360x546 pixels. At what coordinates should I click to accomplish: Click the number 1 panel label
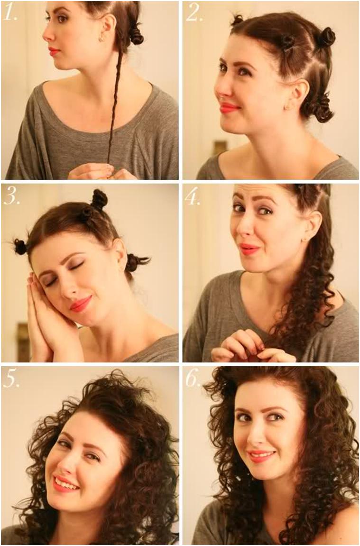[9, 13]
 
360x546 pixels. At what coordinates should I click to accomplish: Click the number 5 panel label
[11, 379]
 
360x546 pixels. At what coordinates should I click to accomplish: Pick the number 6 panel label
[193, 379]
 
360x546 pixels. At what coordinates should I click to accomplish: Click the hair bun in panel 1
[136, 36]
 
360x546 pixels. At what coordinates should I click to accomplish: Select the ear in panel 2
[299, 93]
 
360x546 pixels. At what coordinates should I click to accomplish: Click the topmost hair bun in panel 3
[99, 200]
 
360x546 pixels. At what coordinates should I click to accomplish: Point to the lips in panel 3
[81, 304]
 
